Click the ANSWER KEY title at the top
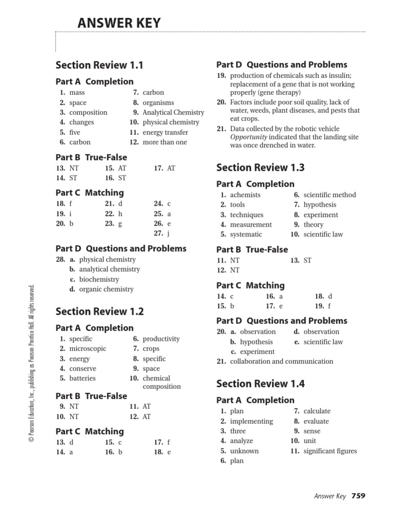pos(119,23)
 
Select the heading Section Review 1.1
pos(99,65)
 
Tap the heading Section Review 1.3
pos(260,167)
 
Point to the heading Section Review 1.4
pos(260,383)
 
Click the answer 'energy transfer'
pos(165,132)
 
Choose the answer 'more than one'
pos(165,142)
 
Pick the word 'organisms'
pos(158,102)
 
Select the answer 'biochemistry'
pos(99,279)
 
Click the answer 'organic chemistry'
pos(106,289)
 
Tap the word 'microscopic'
pos(88,348)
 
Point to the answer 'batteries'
pos(82,378)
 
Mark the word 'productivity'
pos(161,339)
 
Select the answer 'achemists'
pos(245,195)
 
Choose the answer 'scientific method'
pos(330,195)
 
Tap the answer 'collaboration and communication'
pos(281,361)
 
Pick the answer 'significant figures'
pos(330,451)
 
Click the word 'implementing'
pos(251,421)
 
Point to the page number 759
pos(358,495)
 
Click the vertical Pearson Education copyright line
pos(31,363)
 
